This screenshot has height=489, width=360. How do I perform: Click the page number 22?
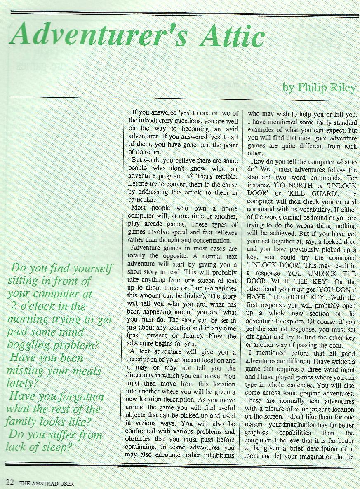9,482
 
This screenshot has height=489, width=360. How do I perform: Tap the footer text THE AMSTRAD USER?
47,483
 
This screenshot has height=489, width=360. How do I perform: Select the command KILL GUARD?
310,193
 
